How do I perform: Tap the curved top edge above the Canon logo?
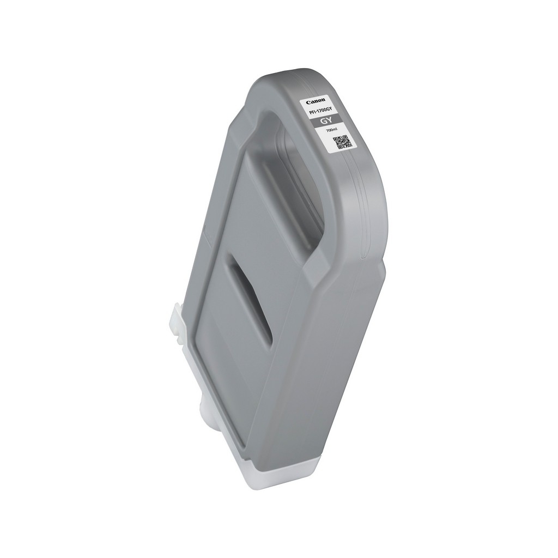305,76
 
